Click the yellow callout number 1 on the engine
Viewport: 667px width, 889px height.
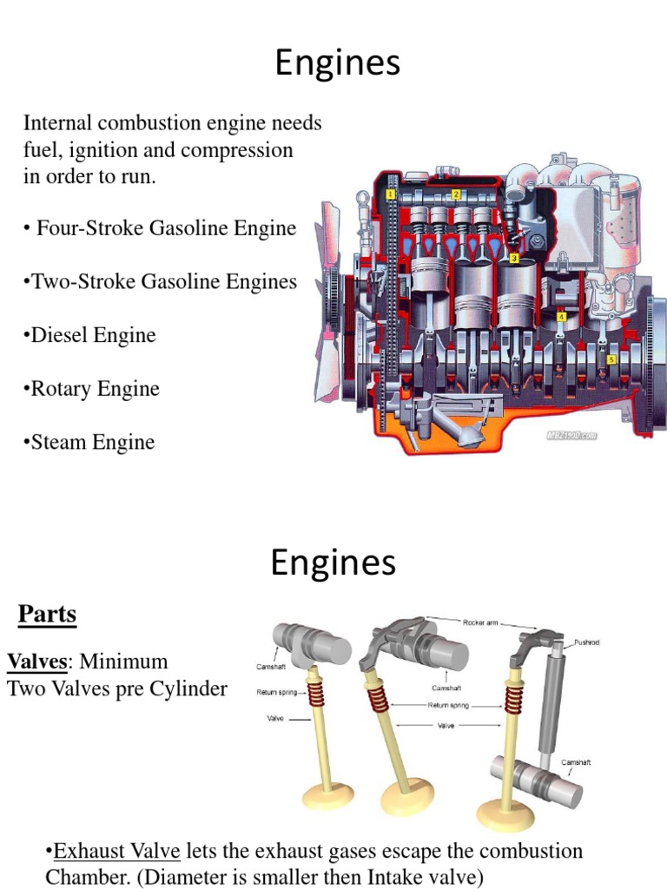click(392, 194)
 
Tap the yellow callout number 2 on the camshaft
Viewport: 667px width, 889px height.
click(457, 194)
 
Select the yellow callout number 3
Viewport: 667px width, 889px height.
click(514, 258)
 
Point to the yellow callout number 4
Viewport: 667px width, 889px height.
click(562, 318)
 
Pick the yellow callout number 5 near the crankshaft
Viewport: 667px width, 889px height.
click(612, 359)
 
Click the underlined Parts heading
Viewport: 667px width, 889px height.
click(48, 615)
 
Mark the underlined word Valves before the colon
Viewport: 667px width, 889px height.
click(37, 662)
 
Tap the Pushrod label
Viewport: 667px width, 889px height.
click(587, 643)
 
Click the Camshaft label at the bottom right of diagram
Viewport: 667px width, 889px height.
click(577, 761)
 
